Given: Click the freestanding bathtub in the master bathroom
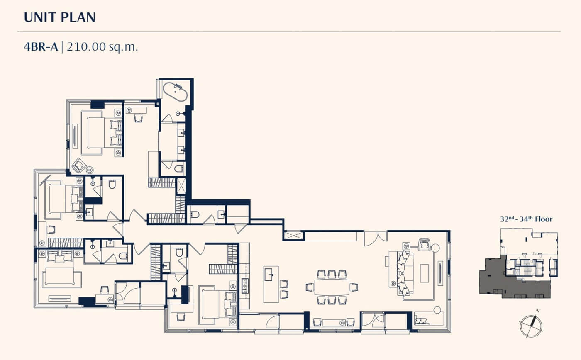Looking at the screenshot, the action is click(x=175, y=92).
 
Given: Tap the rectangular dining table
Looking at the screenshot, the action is click(x=332, y=287).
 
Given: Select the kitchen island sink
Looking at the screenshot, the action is click(x=269, y=275).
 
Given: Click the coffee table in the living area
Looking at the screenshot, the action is click(x=424, y=273).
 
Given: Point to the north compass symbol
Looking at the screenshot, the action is click(x=531, y=325).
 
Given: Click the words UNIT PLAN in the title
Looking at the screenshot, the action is click(x=60, y=17).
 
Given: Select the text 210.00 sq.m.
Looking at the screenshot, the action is click(x=102, y=47).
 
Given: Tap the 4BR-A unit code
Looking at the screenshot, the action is click(x=41, y=47).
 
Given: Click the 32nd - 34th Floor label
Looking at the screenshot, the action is click(x=526, y=219).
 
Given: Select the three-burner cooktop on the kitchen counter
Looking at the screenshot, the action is click(x=245, y=286).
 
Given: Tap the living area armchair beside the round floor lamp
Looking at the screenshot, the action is click(x=424, y=244).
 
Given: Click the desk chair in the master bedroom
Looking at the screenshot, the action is click(x=139, y=118).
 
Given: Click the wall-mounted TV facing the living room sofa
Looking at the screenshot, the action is click(x=440, y=273).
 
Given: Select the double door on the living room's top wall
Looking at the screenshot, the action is click(x=375, y=238).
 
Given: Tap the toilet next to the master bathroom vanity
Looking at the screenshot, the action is click(x=179, y=168).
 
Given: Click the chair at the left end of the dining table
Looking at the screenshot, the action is click(x=310, y=287).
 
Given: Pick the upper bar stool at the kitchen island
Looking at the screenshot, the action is click(x=284, y=284).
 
